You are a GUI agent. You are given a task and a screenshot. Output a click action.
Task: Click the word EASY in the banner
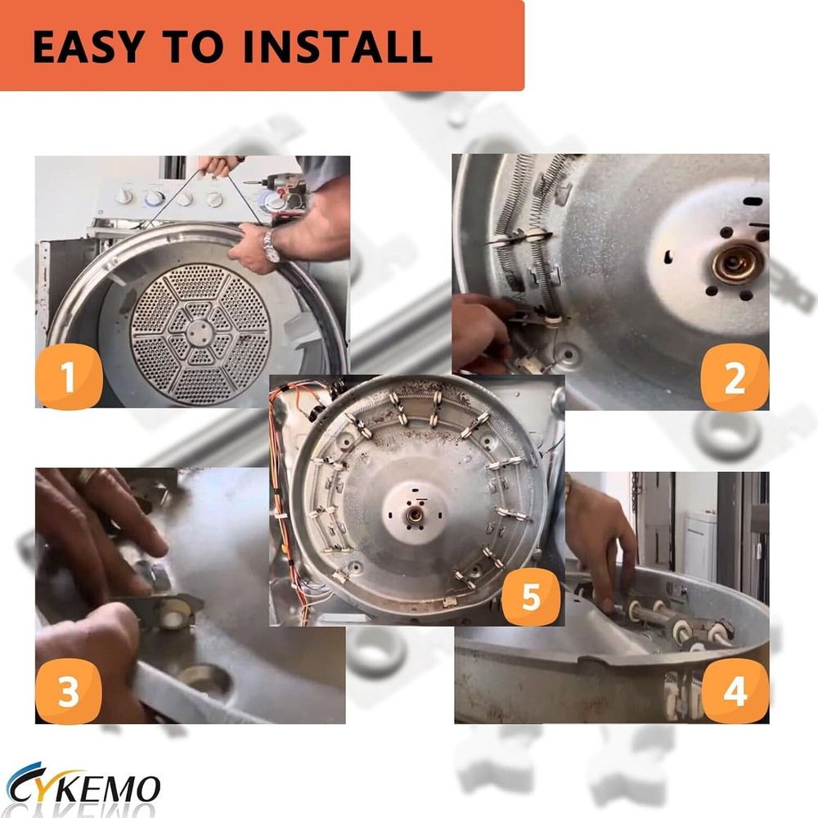tap(89, 47)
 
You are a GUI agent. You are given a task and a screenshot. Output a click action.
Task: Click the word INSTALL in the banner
tap(338, 47)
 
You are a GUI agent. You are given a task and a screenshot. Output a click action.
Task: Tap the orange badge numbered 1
tap(69, 376)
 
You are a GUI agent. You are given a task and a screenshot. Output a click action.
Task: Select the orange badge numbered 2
tap(734, 377)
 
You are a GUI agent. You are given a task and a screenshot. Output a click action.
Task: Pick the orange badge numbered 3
tap(69, 691)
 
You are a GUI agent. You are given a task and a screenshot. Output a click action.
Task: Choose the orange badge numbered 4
tap(735, 691)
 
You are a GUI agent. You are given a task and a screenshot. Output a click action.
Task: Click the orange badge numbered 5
tap(531, 596)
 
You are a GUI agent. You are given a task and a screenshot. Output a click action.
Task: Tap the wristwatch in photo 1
tap(270, 245)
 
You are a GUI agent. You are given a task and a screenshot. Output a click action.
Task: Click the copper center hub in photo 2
tap(737, 263)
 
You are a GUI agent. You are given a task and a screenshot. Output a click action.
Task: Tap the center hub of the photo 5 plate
tap(415, 515)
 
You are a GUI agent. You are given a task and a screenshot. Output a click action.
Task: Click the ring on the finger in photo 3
tap(88, 475)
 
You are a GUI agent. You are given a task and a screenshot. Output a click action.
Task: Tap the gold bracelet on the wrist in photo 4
tap(569, 487)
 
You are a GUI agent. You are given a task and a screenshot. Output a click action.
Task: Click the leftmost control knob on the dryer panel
tap(124, 196)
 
